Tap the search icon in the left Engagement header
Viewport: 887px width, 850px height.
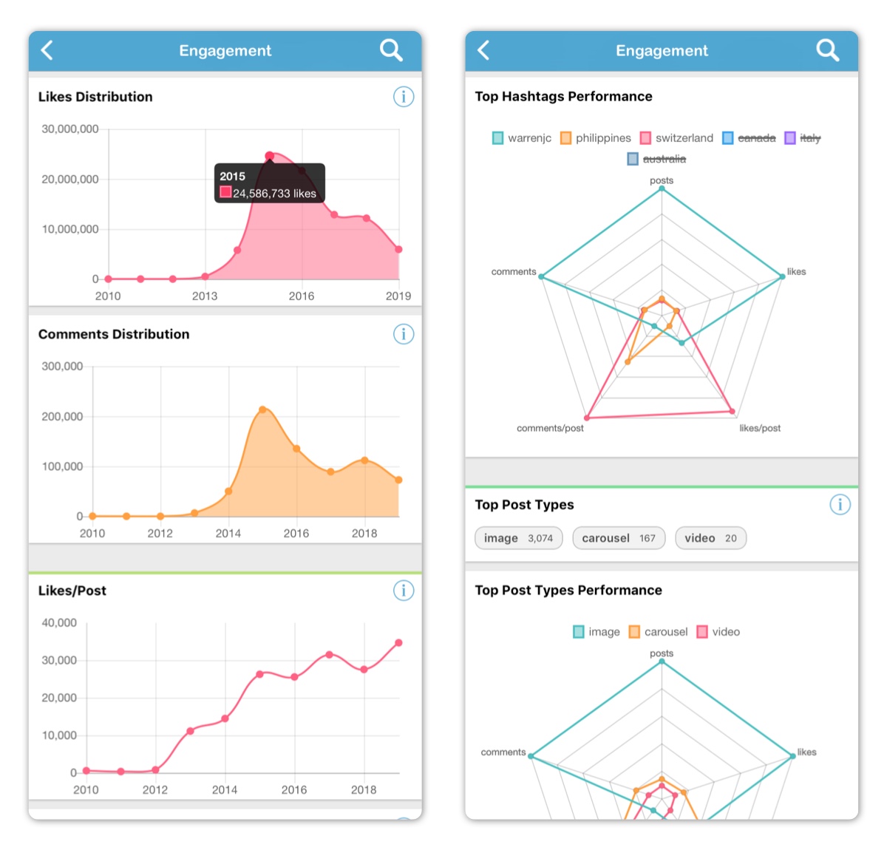pos(390,50)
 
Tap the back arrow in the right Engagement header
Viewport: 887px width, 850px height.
pos(483,50)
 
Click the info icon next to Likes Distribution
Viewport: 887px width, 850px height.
pos(404,97)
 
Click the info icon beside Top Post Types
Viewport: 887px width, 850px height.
pos(840,505)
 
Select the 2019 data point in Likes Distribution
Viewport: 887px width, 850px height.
pos(398,249)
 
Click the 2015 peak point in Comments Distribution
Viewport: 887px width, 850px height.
pos(262,409)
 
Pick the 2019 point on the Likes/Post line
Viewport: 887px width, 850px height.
pos(398,642)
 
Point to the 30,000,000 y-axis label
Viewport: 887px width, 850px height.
pos(70,129)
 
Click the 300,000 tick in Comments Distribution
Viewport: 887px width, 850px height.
pos(62,366)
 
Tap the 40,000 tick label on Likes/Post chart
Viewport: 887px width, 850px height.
pos(59,622)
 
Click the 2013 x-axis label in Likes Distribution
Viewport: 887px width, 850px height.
pos(205,296)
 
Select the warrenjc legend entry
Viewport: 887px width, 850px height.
pos(521,137)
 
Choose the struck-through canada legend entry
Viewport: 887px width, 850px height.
pos(749,137)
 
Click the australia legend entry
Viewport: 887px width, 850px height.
pos(656,159)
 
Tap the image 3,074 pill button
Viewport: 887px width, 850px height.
pos(518,538)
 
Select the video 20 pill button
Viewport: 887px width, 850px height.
pos(710,538)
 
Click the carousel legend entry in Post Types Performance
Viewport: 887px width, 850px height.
pos(658,632)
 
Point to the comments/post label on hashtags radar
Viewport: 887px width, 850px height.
pos(550,428)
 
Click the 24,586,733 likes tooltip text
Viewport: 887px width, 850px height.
pos(274,193)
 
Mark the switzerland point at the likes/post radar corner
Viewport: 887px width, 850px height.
pos(732,411)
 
